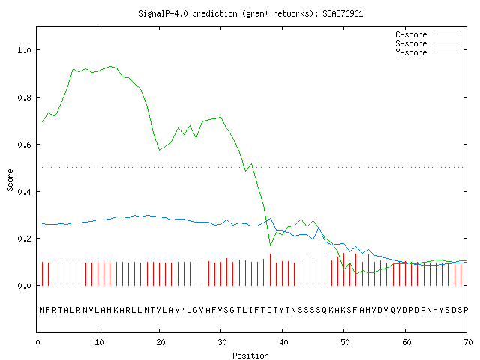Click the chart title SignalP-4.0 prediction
tap(187, 13)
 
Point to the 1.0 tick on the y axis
tap(24, 50)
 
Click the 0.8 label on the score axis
tap(24, 97)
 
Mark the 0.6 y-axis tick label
tap(24, 145)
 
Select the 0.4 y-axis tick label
tap(24, 192)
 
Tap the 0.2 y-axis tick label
tap(24, 238)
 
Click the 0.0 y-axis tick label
tap(24, 286)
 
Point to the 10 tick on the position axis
tap(98, 342)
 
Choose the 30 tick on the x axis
tap(222, 342)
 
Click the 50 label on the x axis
tap(345, 342)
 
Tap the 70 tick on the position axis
tap(468, 342)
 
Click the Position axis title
tap(250, 355)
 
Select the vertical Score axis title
tap(10, 180)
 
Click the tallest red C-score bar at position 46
tap(319, 263)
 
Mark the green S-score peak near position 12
tap(110, 66)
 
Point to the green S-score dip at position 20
tap(160, 150)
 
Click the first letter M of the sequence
tap(42, 310)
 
